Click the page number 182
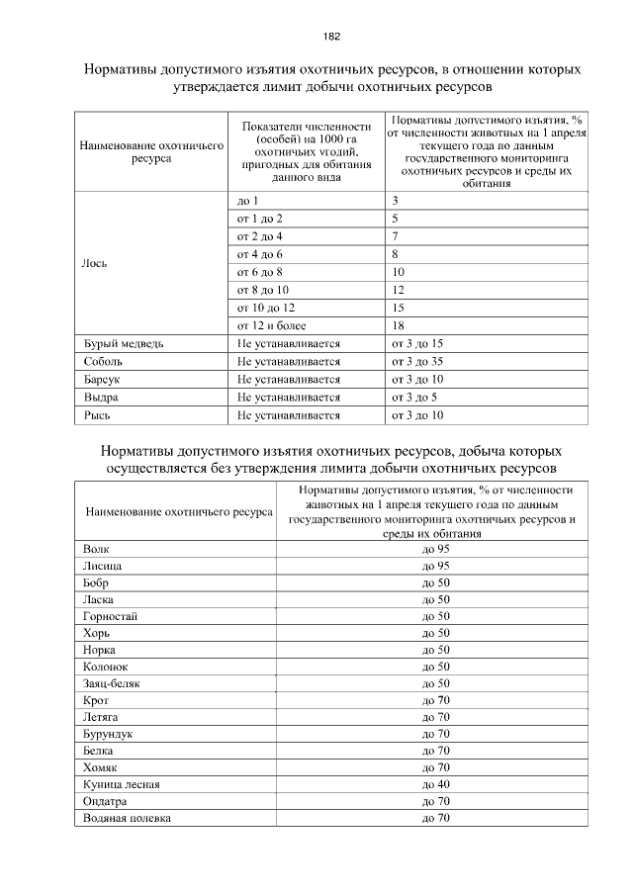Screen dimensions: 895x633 click(x=331, y=37)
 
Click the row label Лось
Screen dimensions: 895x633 click(x=95, y=263)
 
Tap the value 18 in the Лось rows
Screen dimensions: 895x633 click(x=399, y=325)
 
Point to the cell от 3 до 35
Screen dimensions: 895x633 click(x=417, y=361)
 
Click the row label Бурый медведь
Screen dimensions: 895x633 click(x=117, y=343)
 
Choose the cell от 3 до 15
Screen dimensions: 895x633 click(x=417, y=343)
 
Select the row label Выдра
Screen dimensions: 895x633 click(x=101, y=397)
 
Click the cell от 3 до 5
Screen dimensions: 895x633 click(x=414, y=397)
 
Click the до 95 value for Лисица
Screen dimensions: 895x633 click(x=435, y=565)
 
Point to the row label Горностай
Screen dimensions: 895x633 click(x=111, y=615)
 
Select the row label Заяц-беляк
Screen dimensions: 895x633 click(x=114, y=683)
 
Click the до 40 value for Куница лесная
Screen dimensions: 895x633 click(x=435, y=784)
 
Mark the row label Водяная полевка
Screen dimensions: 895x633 click(x=128, y=819)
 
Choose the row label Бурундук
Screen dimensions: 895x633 click(x=109, y=734)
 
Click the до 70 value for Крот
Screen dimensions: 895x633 click(x=435, y=700)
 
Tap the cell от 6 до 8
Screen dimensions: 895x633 click(x=260, y=272)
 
